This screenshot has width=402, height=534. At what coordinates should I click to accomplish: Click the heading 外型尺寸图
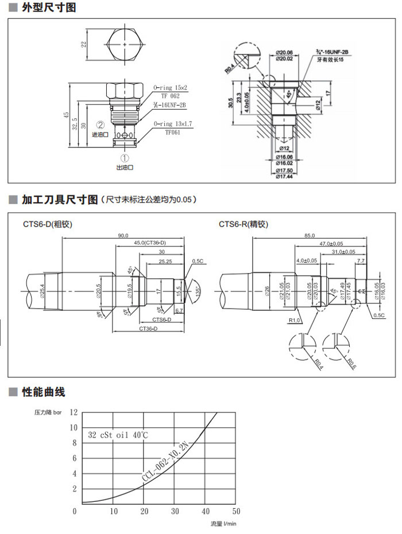click(x=49, y=8)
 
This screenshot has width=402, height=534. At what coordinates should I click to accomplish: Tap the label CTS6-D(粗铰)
click(x=48, y=224)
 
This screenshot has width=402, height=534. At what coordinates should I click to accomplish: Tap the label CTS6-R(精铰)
click(x=243, y=224)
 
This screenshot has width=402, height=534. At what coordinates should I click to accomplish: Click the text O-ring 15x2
click(x=171, y=88)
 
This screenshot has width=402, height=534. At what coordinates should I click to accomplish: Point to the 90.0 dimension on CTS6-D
click(x=123, y=236)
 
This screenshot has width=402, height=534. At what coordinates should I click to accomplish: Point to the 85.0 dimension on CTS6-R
click(x=310, y=236)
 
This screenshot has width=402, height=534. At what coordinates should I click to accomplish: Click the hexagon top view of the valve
click(x=124, y=45)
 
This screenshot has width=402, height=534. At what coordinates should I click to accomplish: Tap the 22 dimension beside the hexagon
click(x=84, y=45)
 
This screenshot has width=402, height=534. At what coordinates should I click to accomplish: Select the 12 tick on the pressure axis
click(x=73, y=412)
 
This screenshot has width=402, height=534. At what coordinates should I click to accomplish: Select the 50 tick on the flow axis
click(x=236, y=511)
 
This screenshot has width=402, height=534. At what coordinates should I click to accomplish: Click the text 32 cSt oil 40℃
click(x=118, y=435)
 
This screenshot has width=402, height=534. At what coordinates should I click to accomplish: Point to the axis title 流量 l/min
click(x=223, y=523)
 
